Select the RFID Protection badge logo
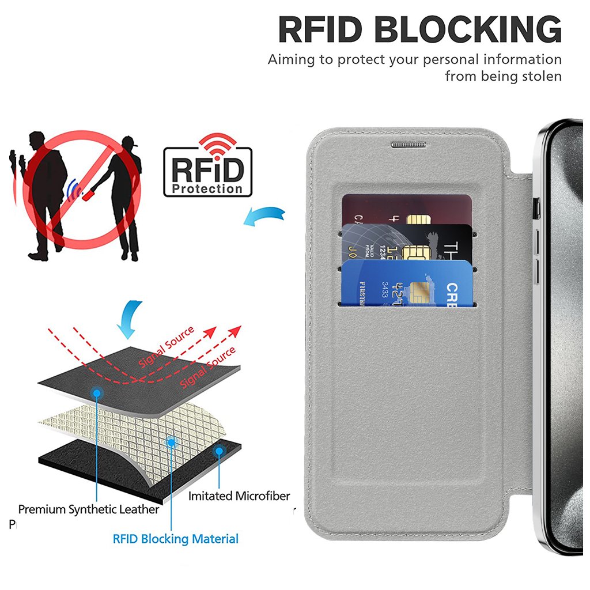tap(208, 167)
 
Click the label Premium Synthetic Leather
tap(89, 509)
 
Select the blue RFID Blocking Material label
tap(175, 539)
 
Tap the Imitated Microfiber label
tap(239, 496)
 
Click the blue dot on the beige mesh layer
tap(171, 442)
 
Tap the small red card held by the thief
tap(89, 195)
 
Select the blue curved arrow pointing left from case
tap(264, 216)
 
